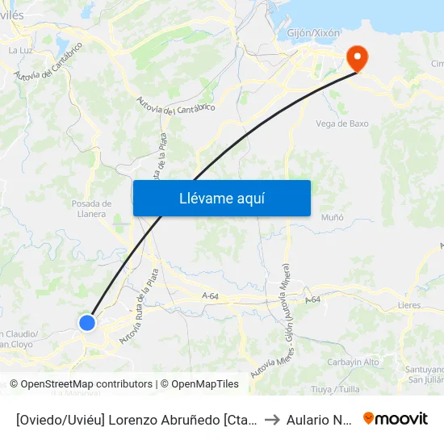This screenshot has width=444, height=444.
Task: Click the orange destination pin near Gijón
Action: (x=355, y=57)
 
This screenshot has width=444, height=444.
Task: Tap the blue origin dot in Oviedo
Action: (x=87, y=323)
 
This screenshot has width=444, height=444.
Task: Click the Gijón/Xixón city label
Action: (x=314, y=33)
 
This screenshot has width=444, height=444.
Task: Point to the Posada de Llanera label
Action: (x=89, y=208)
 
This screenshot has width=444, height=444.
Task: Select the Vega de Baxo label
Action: (x=342, y=124)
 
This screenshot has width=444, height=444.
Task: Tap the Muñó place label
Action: (x=332, y=218)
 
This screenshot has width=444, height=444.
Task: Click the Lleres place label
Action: (x=409, y=306)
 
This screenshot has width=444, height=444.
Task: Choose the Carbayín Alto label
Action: (x=354, y=362)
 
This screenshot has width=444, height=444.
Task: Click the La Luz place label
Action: (x=19, y=50)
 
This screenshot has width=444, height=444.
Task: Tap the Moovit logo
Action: (x=396, y=418)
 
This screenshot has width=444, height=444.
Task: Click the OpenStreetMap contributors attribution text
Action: (x=81, y=384)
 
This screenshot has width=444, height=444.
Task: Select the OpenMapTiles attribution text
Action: (x=199, y=384)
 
